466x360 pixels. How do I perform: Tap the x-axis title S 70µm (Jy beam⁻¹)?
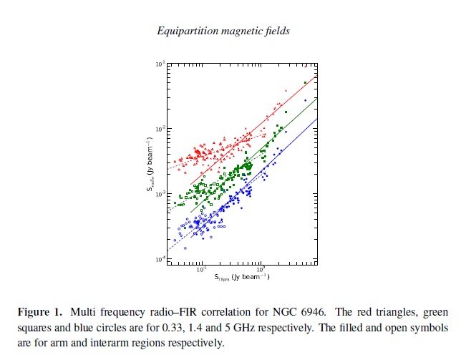coord(240,277)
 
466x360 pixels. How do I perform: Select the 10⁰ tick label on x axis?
coord(261,269)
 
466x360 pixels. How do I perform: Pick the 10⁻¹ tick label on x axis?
coord(202,269)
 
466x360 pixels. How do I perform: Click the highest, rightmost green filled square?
coord(305,83)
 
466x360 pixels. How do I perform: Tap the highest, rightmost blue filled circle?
coord(305,101)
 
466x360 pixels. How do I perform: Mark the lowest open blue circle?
coord(185,248)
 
